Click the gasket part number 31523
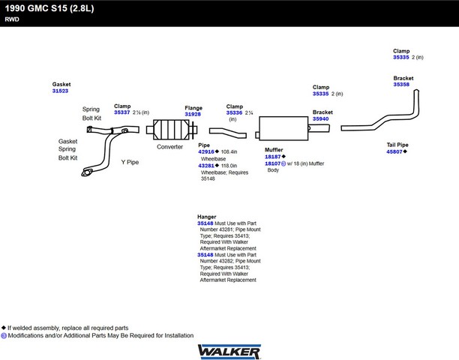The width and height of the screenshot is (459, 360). point(60,91)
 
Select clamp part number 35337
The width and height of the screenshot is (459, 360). point(121,112)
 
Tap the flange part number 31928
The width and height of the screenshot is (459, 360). point(193,114)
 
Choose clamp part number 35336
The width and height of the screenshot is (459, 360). point(234,112)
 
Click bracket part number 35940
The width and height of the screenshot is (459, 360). point(320,118)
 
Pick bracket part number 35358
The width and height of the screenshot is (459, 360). point(401,84)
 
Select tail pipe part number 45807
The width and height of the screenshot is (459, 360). point(394,151)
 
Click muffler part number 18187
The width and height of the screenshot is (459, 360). point(272,157)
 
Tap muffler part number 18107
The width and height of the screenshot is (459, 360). point(272,163)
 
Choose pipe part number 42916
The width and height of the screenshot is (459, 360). point(206,151)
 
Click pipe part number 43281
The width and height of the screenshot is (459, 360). point(206,166)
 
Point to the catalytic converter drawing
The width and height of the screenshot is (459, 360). point(172,129)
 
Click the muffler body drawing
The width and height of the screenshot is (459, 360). point(283,128)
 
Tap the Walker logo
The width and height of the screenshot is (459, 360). point(229,351)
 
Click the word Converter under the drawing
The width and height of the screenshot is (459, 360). point(169,147)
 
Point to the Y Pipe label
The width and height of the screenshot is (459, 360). point(130,162)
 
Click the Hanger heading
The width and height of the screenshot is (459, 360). point(207,217)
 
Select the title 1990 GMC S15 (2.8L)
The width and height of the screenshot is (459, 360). point(49,8)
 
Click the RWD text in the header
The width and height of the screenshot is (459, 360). point(12,19)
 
